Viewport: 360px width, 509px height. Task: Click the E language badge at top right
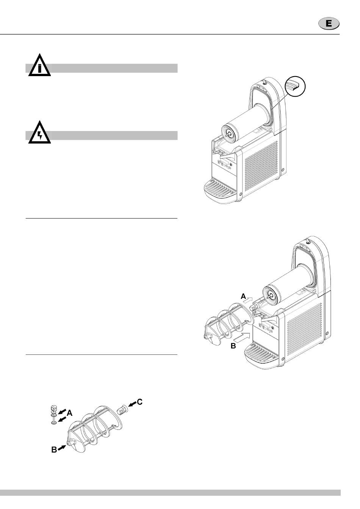point(329,23)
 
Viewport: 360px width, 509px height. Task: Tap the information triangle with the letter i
point(39,67)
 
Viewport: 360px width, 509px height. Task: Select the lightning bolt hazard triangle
point(39,134)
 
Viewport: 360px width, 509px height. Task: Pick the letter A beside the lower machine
point(244,296)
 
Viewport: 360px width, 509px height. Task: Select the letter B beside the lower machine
point(233,346)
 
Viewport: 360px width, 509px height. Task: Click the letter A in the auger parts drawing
point(69,414)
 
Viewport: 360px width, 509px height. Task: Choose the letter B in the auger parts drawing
point(54,450)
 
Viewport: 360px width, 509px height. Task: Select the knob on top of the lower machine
point(307,241)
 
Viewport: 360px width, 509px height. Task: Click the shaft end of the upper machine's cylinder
point(228,134)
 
